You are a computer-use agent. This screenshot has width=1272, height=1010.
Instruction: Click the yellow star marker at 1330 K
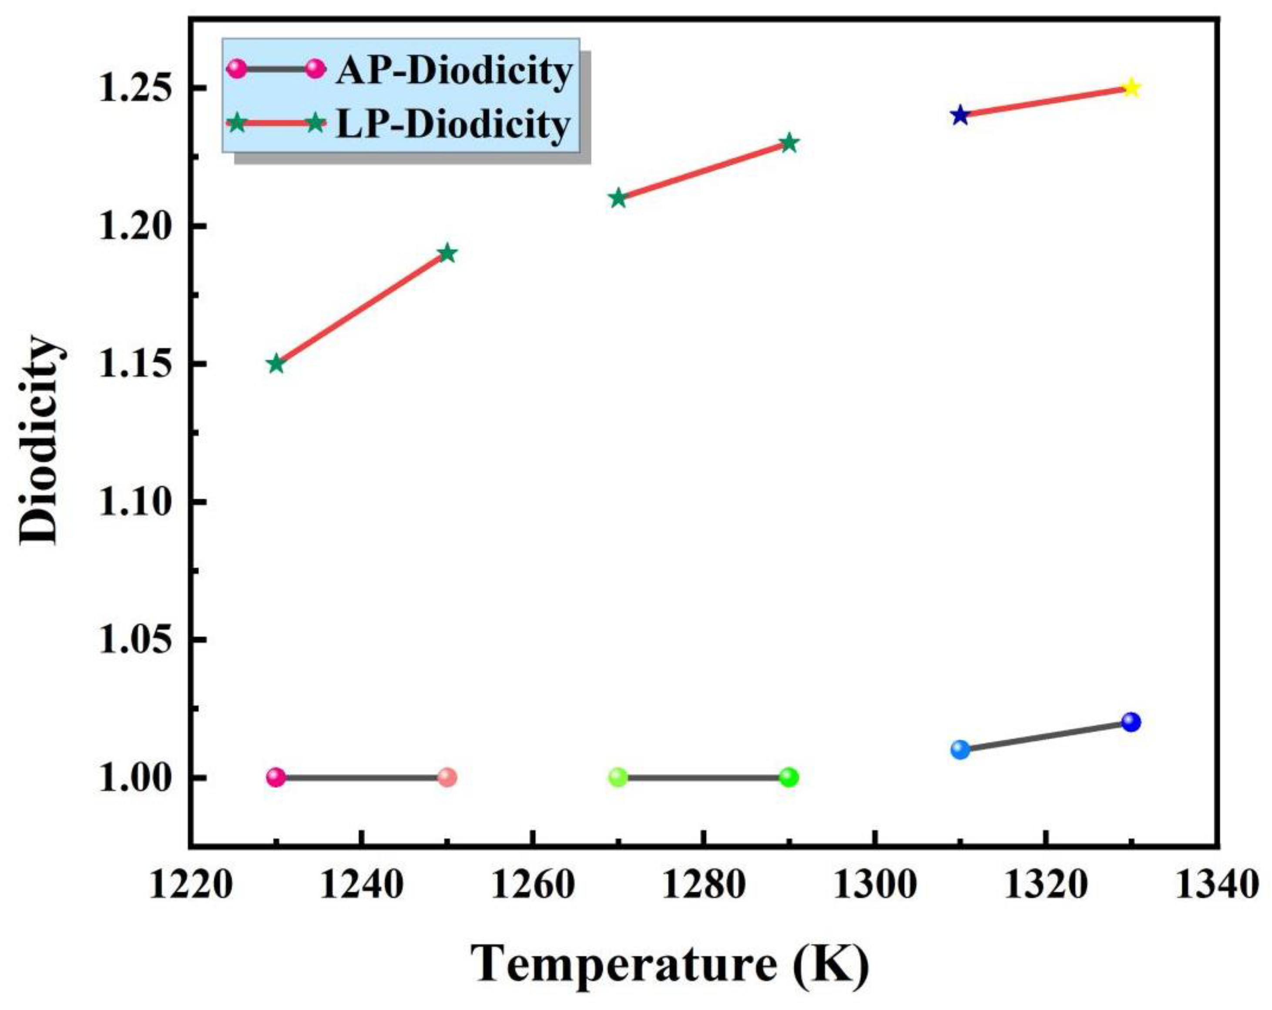pos(1131,88)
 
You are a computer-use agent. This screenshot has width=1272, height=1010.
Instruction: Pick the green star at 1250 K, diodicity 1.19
pos(447,253)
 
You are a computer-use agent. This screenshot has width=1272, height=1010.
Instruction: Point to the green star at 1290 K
pos(789,143)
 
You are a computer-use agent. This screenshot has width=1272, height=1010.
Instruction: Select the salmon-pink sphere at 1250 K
pos(447,778)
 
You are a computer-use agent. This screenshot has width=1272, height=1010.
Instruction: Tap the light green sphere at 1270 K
pos(618,778)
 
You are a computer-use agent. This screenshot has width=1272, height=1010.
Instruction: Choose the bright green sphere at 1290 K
pos(789,778)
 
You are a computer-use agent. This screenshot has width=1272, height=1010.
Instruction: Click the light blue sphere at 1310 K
pos(960,750)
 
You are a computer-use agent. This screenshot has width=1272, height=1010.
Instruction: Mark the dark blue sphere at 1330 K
pos(1131,722)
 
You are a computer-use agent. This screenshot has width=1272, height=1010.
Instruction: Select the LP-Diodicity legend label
pos(453,124)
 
